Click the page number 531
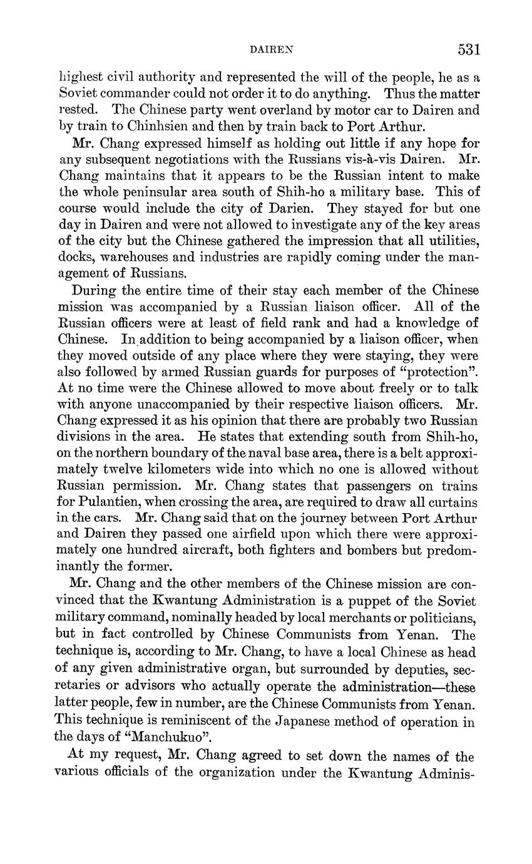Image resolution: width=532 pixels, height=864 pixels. [x=468, y=49]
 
